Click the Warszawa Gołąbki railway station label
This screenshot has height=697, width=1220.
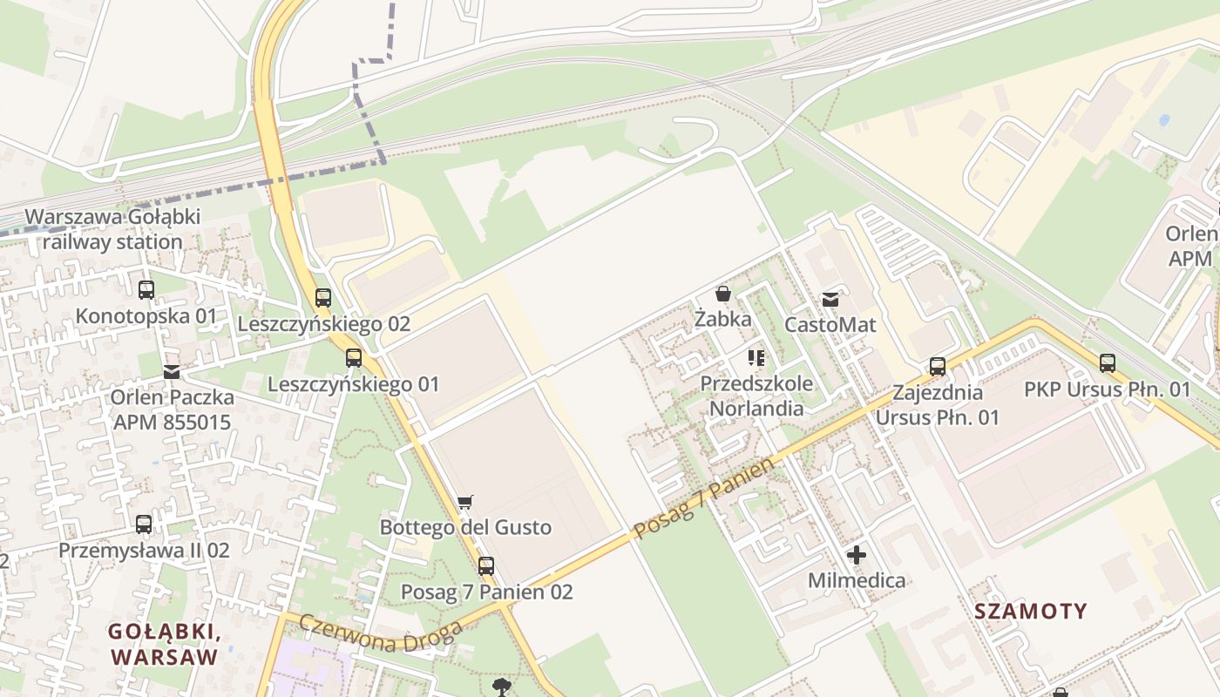click(x=113, y=229)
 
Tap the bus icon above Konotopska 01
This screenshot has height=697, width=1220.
click(x=146, y=290)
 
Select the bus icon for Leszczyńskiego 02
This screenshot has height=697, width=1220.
click(x=323, y=298)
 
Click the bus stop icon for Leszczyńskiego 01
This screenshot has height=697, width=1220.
click(x=354, y=358)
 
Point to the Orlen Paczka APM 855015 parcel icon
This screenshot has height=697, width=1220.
click(x=172, y=372)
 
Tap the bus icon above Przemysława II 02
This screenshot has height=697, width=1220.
click(x=144, y=524)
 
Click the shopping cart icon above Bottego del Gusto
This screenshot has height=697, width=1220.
click(x=465, y=502)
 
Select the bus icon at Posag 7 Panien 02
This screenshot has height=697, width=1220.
click(x=486, y=566)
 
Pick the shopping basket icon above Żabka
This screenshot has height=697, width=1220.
click(x=723, y=294)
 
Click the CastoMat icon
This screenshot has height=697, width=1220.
click(x=830, y=299)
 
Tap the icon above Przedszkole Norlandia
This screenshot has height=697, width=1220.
click(x=756, y=358)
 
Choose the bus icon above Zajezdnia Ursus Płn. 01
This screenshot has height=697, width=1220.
click(x=938, y=367)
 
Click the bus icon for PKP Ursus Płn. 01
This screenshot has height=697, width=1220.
click(x=1108, y=363)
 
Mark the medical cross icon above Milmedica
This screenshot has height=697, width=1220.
click(x=857, y=554)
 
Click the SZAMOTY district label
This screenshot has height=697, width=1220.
click(x=1031, y=611)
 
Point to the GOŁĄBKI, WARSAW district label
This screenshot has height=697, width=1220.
click(x=164, y=644)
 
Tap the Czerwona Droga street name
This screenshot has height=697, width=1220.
click(x=379, y=634)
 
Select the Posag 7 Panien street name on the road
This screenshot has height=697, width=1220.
click(x=703, y=498)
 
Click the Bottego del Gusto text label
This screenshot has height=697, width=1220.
click(x=465, y=527)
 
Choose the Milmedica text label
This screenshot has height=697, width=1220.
click(x=857, y=580)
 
